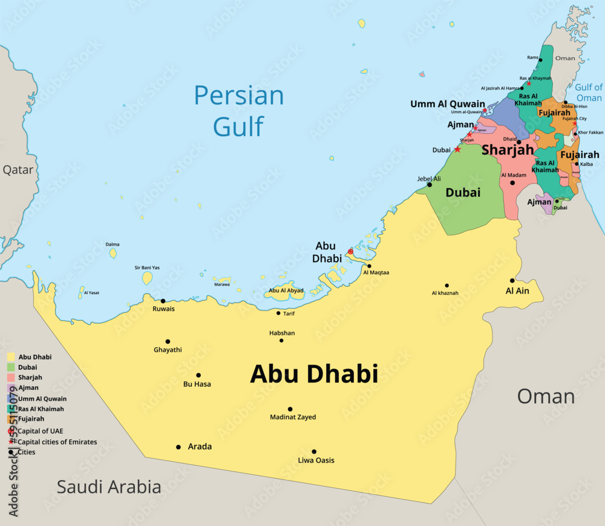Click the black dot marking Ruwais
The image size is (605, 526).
click(163, 301)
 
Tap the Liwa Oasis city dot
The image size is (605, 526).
click(314, 452)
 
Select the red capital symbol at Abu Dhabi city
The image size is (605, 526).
click(350, 251)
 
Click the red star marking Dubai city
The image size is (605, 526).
click(457, 150)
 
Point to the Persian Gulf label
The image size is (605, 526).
click(239, 111)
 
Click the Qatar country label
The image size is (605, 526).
click(18, 169)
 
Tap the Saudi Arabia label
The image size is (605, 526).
click(109, 487)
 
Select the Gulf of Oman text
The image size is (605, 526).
click(588, 93)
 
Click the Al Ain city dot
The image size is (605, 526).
click(512, 280)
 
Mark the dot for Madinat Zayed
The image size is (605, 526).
click(290, 409)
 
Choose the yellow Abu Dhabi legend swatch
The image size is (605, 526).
click(11, 357)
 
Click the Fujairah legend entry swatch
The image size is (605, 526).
click(11, 419)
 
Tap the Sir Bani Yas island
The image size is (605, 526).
click(147, 278)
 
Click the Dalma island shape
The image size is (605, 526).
click(113, 253)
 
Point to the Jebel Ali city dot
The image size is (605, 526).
click(430, 185)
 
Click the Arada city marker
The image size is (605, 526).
click(178, 447)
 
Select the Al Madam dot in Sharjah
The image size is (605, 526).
click(512, 183)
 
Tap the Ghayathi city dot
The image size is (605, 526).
click(168, 341)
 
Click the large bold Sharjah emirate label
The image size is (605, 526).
click(507, 150)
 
